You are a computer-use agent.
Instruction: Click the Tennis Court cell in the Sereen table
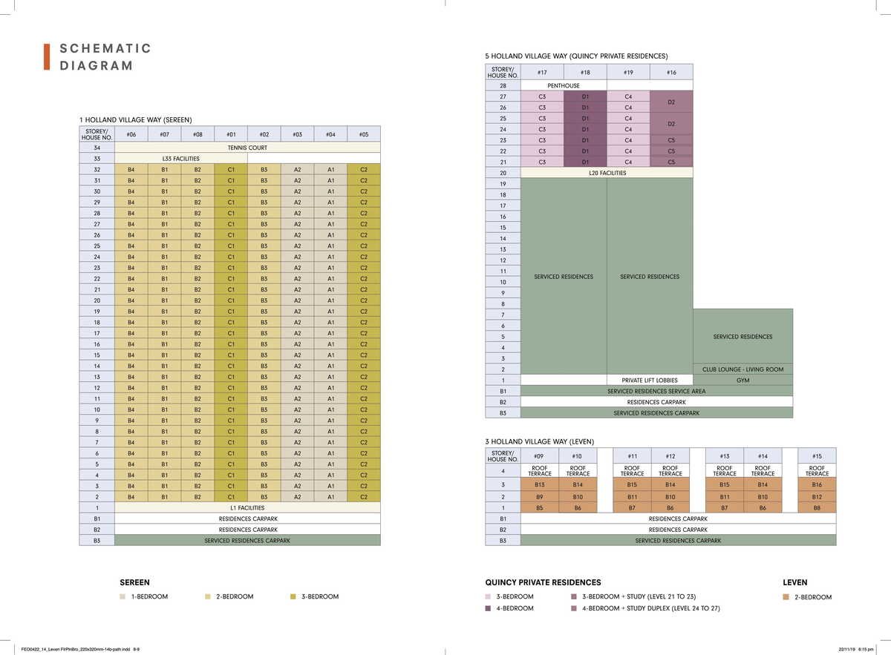pos(247,148)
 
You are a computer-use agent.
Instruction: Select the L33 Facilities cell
pos(180,159)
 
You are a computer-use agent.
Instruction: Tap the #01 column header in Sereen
pos(231,134)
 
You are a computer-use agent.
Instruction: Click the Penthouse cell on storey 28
pos(564,86)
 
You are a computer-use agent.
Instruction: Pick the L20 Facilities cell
pos(607,173)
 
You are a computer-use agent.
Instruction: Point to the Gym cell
pos(742,381)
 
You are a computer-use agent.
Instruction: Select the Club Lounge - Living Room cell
pos(742,369)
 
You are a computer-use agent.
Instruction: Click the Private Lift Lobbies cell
pos(650,381)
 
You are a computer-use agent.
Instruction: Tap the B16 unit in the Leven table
pos(817,485)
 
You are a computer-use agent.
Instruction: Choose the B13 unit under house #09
pos(540,485)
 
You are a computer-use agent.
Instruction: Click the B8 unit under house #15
pos(817,507)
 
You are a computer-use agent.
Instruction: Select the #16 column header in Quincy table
pos(671,73)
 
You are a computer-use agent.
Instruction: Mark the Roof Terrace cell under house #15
pos(817,471)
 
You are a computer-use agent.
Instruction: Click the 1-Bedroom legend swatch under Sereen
pos(123,597)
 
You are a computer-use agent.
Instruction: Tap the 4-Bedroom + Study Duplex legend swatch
pos(574,608)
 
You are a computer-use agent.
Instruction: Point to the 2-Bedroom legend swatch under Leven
pos(786,597)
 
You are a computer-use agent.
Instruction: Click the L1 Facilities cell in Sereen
pos(247,508)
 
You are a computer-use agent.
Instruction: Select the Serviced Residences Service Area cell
pos(656,391)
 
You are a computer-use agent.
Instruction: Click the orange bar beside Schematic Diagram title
pos(47,57)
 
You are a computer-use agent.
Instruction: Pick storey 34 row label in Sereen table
pos(97,148)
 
